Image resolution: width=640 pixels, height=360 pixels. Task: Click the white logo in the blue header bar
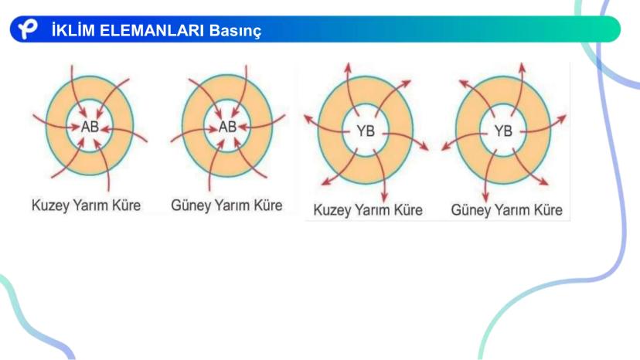coord(28,29)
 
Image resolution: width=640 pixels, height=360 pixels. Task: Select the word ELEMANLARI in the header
coord(151,31)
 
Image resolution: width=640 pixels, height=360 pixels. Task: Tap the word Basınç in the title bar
coord(235,31)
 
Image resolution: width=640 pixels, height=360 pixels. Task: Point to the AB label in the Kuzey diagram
coord(90,127)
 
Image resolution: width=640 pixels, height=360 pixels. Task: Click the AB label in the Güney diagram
coord(227,127)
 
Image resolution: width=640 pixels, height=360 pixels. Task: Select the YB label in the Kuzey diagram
coord(366,131)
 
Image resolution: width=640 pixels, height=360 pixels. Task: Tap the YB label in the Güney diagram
coord(503,131)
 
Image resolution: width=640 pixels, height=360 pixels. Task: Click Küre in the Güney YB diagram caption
coord(549,210)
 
